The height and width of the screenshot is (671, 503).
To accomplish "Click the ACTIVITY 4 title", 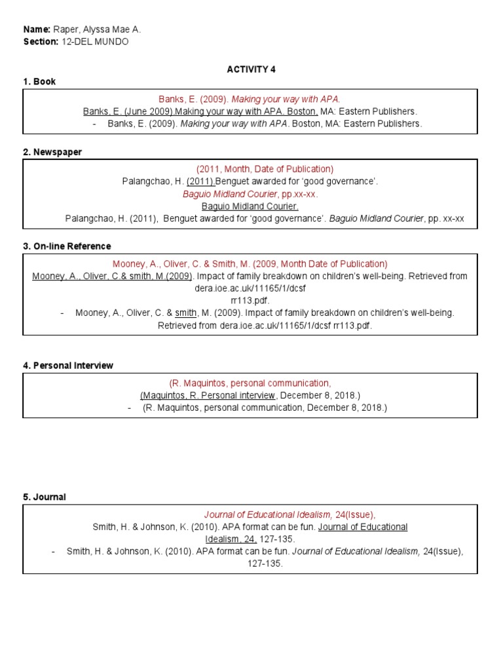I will [248, 69].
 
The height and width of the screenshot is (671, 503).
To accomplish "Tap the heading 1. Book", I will [39, 82].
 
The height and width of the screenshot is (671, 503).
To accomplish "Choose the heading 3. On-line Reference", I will [67, 246].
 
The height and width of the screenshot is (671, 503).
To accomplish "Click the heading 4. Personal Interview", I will [68, 366].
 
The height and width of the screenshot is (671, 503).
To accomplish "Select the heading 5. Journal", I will [45, 497].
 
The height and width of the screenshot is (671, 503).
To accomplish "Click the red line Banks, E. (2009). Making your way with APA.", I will [250, 99].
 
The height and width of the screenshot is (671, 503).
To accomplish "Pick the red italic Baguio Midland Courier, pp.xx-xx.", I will [250, 194].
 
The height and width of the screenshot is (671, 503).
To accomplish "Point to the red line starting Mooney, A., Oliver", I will [250, 264].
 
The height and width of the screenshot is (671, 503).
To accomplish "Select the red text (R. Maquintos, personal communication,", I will [250, 383].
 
